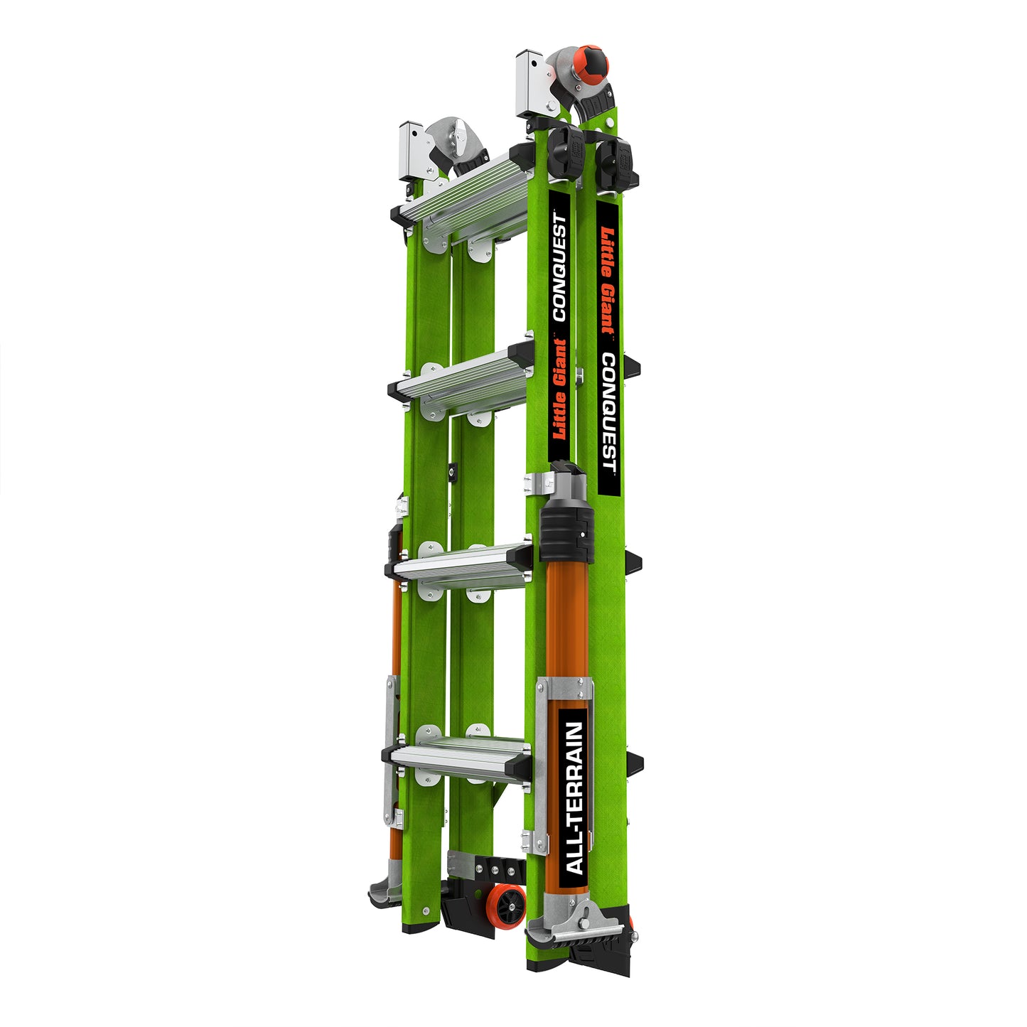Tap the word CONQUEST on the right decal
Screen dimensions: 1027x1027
608,412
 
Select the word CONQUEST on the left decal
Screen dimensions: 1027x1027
560,267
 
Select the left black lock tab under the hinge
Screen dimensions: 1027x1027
566,153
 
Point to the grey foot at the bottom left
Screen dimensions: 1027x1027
386,888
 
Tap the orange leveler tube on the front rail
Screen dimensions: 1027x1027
566,625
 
